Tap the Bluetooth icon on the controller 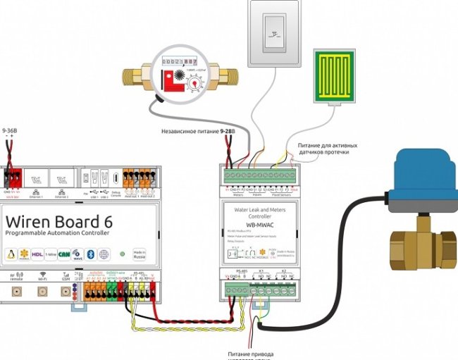pos(90,254)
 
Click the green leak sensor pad pos(338,75)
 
